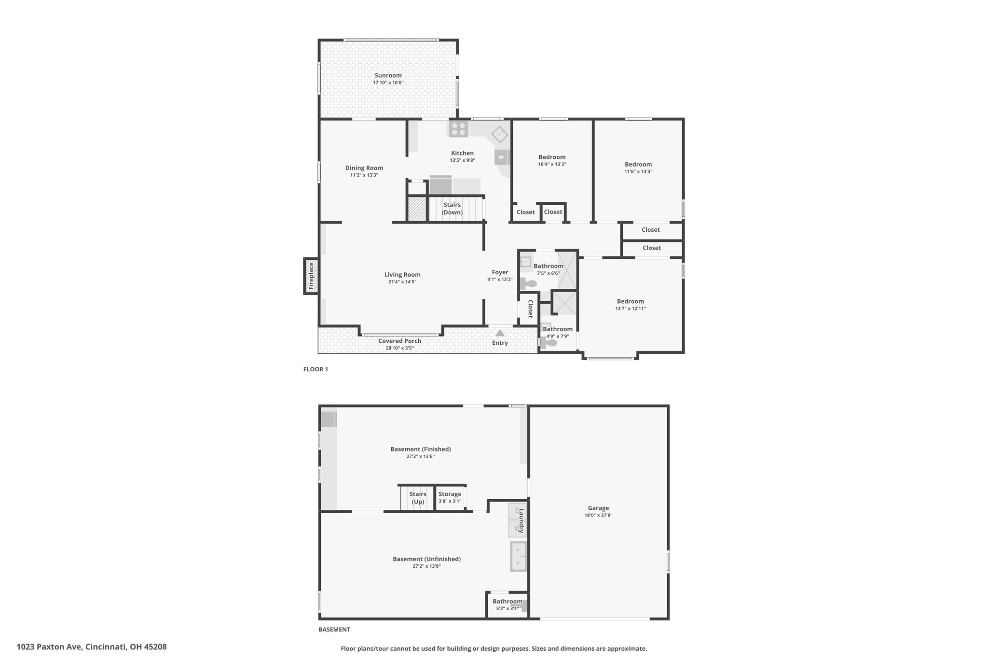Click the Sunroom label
388,75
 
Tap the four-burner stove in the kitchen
458,128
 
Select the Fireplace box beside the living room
311,276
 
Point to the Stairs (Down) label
453,209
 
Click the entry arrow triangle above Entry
500,333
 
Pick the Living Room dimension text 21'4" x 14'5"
402,282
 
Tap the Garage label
598,508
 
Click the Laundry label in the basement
521,520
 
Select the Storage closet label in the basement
450,494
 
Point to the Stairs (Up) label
418,498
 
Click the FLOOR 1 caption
316,369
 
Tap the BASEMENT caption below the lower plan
334,630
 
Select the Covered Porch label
400,341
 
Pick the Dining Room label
364,168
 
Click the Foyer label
500,272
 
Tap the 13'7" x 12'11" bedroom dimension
631,308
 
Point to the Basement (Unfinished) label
427,559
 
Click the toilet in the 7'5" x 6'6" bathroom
529,284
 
